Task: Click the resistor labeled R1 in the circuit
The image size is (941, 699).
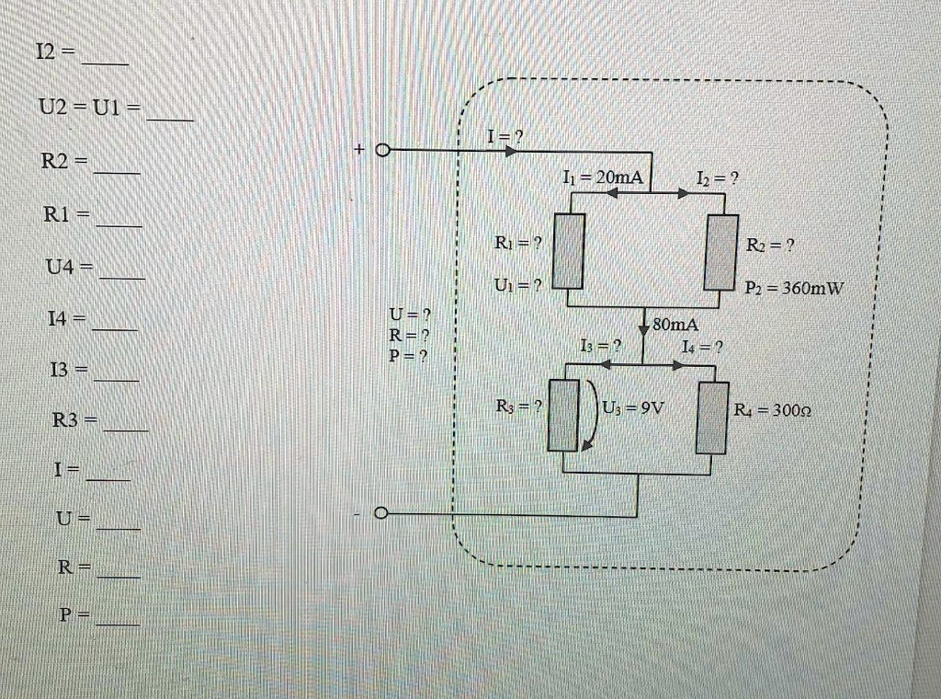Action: click(569, 250)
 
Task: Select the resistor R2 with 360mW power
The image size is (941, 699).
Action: click(722, 250)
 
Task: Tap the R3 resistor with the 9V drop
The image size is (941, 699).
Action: click(563, 417)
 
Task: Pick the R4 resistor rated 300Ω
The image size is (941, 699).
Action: click(711, 418)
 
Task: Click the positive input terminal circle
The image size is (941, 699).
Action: click(383, 150)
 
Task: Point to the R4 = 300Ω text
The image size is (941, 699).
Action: click(771, 410)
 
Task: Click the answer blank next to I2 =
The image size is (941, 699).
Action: click(105, 63)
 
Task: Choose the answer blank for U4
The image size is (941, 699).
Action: click(121, 275)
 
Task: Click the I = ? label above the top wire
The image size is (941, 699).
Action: click(505, 137)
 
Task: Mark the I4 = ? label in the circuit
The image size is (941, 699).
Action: click(703, 347)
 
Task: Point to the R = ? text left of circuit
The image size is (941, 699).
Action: click(410, 336)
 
